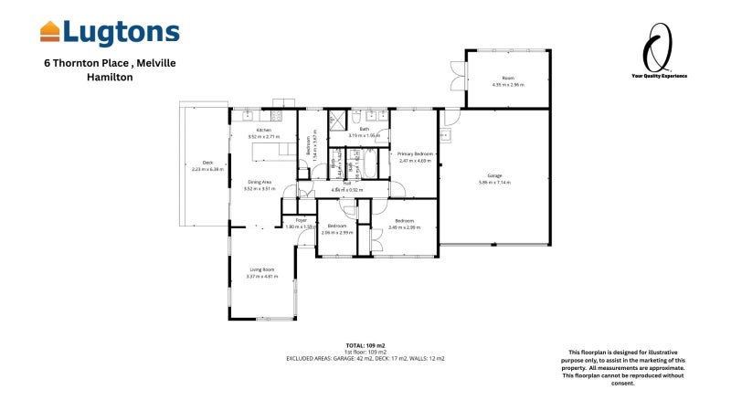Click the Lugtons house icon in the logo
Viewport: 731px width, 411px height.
click(x=50, y=32)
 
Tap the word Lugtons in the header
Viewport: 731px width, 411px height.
click(x=122, y=32)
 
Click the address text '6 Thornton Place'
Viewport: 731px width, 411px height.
click(x=83, y=63)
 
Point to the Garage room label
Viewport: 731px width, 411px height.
click(x=495, y=175)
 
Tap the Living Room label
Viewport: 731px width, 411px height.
click(x=262, y=269)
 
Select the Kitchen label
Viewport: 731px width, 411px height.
click(x=264, y=131)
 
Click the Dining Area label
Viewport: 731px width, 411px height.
click(x=260, y=182)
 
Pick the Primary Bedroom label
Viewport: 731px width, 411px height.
click(x=414, y=154)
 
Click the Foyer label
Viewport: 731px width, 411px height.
click(x=300, y=220)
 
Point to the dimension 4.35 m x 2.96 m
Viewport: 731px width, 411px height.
click(x=508, y=85)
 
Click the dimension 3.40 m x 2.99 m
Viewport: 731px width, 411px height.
click(x=405, y=227)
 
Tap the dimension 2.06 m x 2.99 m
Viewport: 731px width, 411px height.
click(x=337, y=232)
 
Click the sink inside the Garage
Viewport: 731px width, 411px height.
click(x=445, y=136)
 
